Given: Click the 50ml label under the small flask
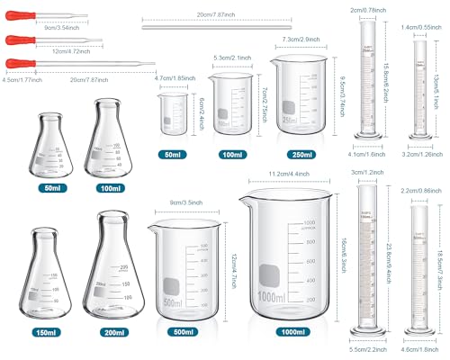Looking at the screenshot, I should point(51,187).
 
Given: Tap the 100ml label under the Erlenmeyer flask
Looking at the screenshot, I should point(112,187).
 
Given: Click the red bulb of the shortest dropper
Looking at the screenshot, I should point(13,20).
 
